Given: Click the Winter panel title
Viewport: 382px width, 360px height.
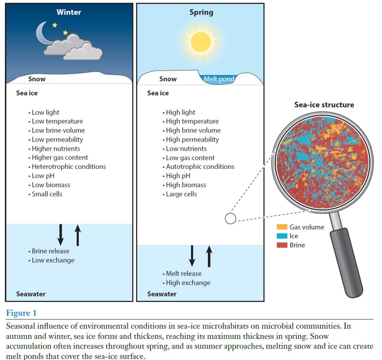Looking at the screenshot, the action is click(x=69, y=12).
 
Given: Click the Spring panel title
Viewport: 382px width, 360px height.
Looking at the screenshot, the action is click(x=201, y=12).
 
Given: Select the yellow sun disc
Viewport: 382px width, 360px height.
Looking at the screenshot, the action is click(x=200, y=42).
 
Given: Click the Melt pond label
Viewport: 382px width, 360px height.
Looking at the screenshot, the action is click(x=219, y=79).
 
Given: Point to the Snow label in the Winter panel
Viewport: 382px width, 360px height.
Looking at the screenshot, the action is click(x=37, y=79).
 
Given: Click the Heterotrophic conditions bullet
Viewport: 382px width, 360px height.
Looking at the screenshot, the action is click(x=67, y=167).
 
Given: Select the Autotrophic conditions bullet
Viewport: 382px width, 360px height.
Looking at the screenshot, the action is click(x=198, y=167).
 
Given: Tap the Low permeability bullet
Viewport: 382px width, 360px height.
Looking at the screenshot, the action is click(x=55, y=139).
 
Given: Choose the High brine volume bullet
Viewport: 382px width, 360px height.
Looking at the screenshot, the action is click(x=192, y=131).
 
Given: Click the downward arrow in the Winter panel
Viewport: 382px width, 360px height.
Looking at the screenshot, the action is click(x=61, y=235).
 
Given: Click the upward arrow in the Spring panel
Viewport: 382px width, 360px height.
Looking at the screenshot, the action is click(x=209, y=256).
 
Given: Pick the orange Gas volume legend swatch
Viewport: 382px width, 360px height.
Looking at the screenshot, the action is click(x=282, y=227).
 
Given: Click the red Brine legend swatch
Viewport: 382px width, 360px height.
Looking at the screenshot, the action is click(x=282, y=245).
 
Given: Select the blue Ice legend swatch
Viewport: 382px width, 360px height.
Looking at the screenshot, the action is click(x=282, y=236).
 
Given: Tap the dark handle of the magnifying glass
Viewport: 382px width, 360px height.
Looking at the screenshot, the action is click(x=346, y=263).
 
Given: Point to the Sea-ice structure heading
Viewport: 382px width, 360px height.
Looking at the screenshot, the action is click(x=324, y=105).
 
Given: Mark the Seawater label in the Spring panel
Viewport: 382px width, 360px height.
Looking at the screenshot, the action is click(x=162, y=294).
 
